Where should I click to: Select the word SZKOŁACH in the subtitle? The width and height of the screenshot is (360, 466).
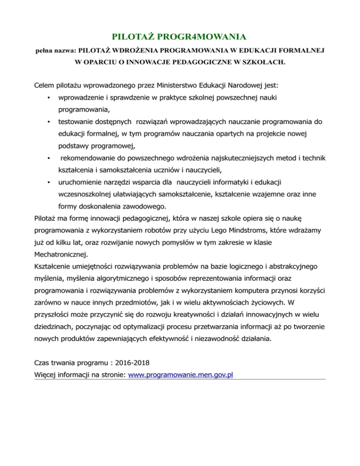click(x=266, y=61)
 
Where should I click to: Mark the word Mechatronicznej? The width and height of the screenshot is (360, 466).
click(x=61, y=254)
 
